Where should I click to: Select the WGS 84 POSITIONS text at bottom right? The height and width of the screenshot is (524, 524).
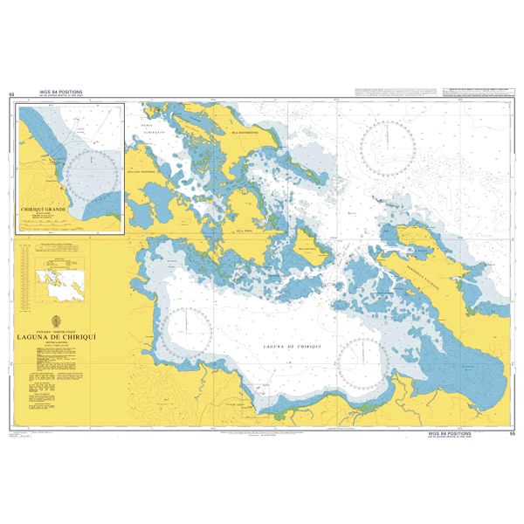coord(450,432)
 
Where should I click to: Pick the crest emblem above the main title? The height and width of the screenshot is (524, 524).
coord(58,320)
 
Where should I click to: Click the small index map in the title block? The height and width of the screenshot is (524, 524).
coord(57,280)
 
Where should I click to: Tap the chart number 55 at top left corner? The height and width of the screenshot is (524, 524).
coord(11,93)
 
